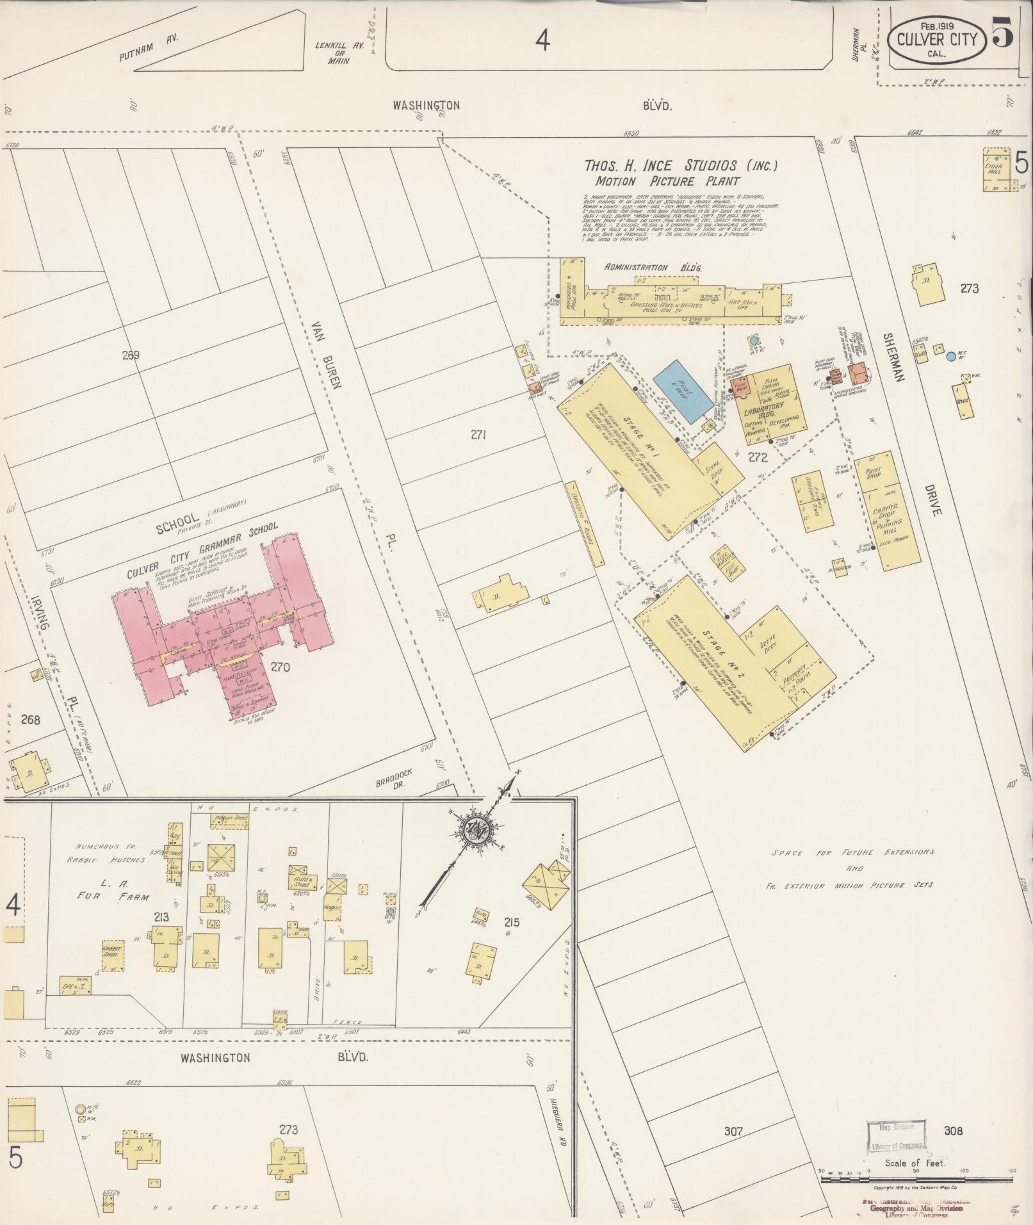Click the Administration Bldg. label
coord(653,268)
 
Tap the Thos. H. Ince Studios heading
coord(681,165)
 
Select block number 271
coord(478,435)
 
